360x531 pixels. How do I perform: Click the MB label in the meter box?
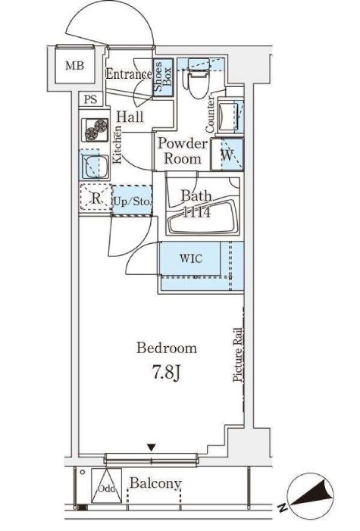click(74, 65)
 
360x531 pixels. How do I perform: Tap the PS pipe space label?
click(90, 99)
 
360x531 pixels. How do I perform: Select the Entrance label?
click(129, 73)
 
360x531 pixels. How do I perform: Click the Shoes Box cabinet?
click(163, 77)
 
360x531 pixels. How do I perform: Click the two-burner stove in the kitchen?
click(95, 130)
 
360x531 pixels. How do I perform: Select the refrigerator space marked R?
click(96, 198)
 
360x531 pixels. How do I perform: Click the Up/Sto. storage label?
click(132, 201)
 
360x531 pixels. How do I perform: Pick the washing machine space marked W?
click(227, 154)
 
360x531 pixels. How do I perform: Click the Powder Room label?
click(183, 151)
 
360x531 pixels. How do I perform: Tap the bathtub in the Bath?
click(202, 217)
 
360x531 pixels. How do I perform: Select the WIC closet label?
click(191, 259)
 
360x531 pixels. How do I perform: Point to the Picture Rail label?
click(238, 355)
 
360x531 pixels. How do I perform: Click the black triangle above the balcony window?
click(152, 448)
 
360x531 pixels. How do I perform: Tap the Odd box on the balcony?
click(106, 486)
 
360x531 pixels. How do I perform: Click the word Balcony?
click(155, 483)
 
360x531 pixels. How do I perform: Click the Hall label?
click(130, 117)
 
